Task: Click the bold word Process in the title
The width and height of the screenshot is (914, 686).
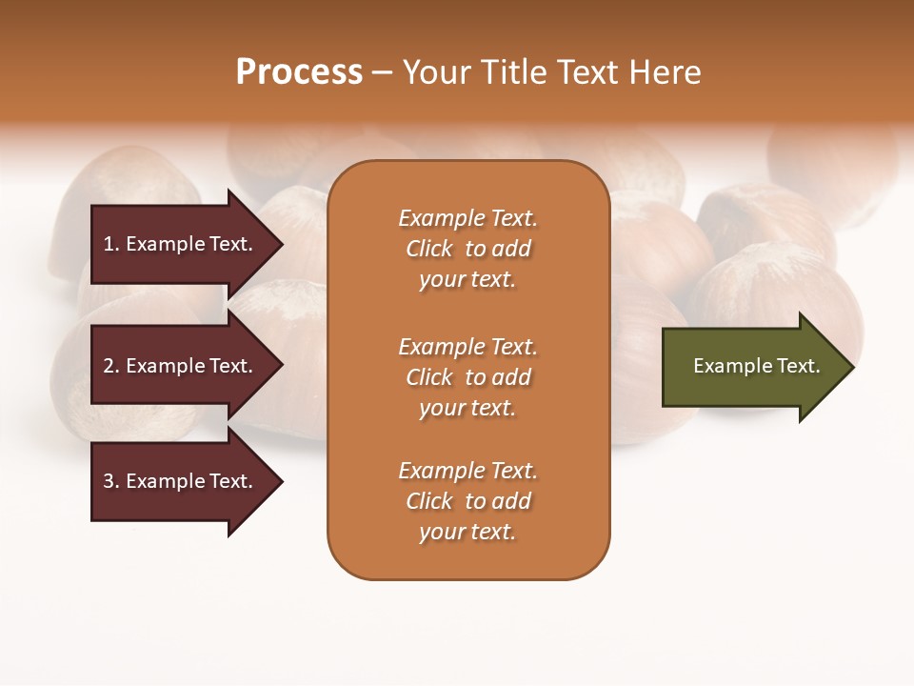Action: point(299,72)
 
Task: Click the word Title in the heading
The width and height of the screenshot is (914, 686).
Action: point(511,72)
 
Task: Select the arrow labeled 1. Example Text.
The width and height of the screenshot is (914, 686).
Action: point(181,244)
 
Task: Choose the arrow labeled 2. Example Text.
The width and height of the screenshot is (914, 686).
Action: point(181,366)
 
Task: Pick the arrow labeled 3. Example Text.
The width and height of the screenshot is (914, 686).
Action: point(181,481)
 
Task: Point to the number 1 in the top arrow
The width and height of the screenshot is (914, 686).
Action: point(109,244)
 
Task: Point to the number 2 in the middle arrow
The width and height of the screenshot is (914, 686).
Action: point(109,366)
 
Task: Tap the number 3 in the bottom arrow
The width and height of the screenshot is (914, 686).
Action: point(109,481)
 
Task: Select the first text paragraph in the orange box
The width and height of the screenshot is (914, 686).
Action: point(467,249)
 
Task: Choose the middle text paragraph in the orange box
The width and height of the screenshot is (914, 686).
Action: point(467,377)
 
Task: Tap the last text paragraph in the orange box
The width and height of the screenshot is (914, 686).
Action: point(467,501)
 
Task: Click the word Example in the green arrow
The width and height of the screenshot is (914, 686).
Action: point(726,366)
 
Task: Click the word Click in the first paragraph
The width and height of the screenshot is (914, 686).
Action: point(428,249)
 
